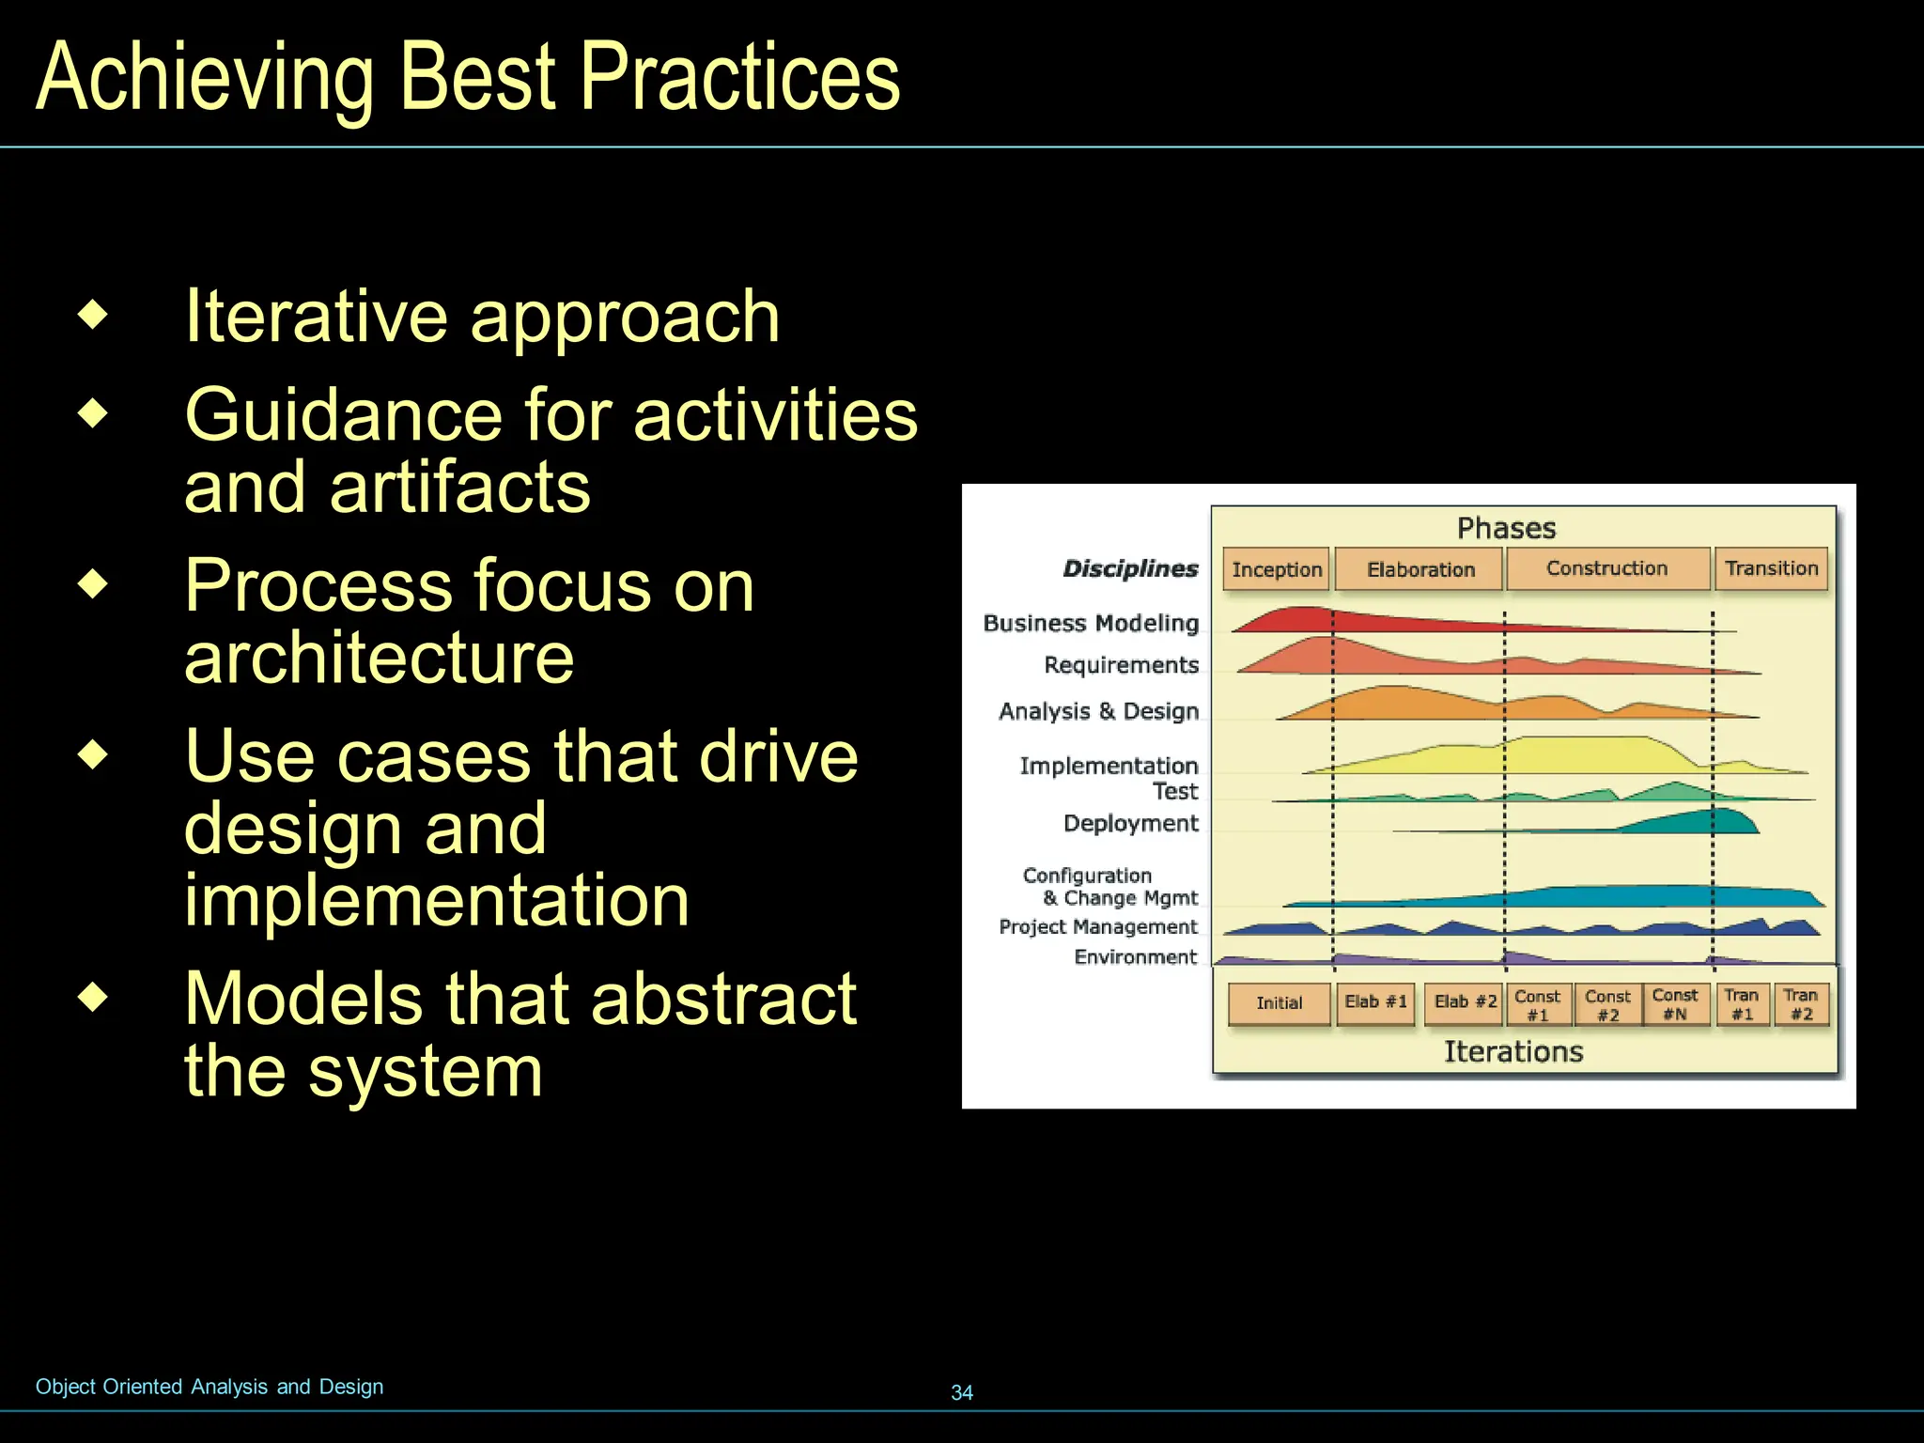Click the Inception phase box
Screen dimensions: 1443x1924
tap(1276, 569)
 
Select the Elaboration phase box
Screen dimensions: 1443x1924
tap(1420, 569)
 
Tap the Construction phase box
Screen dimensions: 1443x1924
tap(1606, 568)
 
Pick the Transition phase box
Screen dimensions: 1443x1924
tap(1771, 568)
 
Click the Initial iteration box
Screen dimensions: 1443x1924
tap(1279, 1003)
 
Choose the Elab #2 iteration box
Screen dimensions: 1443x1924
tap(1465, 1002)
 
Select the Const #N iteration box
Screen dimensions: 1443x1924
tap(1675, 1003)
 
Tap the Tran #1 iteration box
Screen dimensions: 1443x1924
tap(1742, 1003)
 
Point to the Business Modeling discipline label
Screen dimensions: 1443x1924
tap(1091, 623)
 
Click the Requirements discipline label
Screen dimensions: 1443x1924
tap(1121, 665)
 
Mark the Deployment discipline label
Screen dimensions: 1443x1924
tap(1130, 823)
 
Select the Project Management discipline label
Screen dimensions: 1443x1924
tap(1097, 926)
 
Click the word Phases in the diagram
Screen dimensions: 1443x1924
tap(1506, 528)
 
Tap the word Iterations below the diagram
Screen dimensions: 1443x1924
tap(1513, 1051)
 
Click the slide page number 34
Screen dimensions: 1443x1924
tap(962, 1392)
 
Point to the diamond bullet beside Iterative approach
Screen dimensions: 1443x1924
tap(93, 315)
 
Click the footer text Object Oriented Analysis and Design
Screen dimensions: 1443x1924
tap(209, 1387)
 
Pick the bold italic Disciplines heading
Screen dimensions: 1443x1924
tap(1130, 568)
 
